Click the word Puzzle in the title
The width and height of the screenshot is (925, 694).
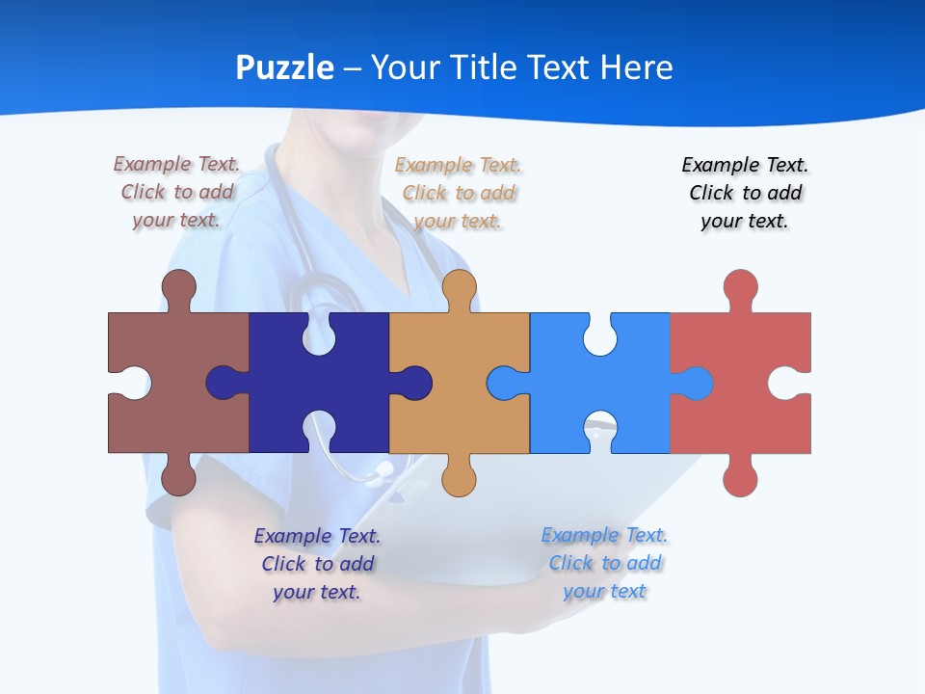click(x=285, y=67)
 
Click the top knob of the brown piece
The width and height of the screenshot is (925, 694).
click(x=178, y=286)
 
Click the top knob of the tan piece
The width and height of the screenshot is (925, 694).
click(x=460, y=286)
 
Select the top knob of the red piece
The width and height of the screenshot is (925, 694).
click(x=740, y=286)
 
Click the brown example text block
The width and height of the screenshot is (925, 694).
click(x=177, y=192)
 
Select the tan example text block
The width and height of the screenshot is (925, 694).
click(x=459, y=193)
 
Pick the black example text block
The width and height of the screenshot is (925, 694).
click(x=745, y=193)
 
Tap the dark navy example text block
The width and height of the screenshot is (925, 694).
click(x=317, y=564)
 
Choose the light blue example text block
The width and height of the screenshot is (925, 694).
click(x=604, y=563)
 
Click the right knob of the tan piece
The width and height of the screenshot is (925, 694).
click(x=416, y=384)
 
